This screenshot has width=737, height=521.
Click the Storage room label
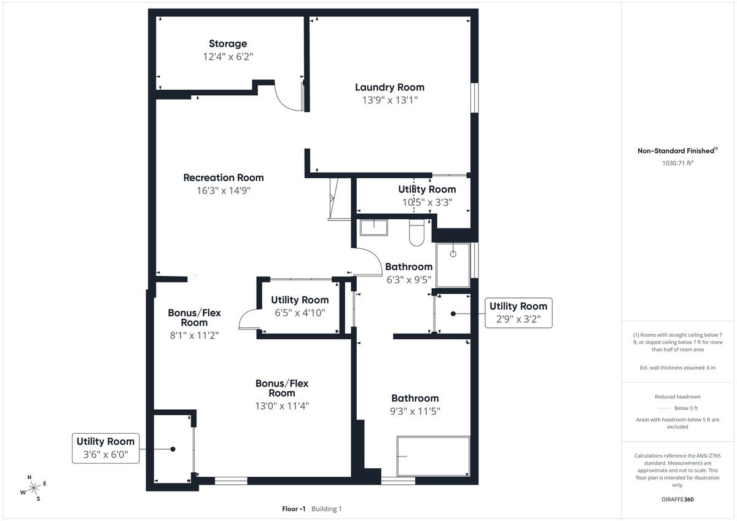(228, 44)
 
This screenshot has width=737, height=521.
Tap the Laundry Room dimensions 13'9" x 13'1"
(389, 101)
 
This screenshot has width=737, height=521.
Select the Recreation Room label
(224, 178)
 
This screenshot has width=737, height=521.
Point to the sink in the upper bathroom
(373, 227)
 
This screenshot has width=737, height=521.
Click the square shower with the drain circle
(453, 265)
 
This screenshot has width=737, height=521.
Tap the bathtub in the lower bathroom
(433, 456)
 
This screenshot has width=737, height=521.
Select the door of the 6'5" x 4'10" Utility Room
(247, 319)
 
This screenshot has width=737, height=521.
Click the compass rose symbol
(34, 487)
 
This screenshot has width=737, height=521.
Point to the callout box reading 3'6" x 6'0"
(105, 448)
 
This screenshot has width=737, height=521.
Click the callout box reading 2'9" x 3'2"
(518, 313)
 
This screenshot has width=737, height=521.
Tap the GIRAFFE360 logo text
(677, 499)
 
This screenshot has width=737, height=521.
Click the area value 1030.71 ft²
(677, 163)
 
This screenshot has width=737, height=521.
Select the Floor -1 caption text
(294, 509)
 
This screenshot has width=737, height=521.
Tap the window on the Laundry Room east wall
(475, 97)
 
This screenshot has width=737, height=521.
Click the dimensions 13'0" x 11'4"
(282, 405)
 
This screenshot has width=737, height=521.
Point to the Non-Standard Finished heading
(677, 151)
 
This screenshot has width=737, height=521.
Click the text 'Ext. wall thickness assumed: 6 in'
(677, 367)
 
